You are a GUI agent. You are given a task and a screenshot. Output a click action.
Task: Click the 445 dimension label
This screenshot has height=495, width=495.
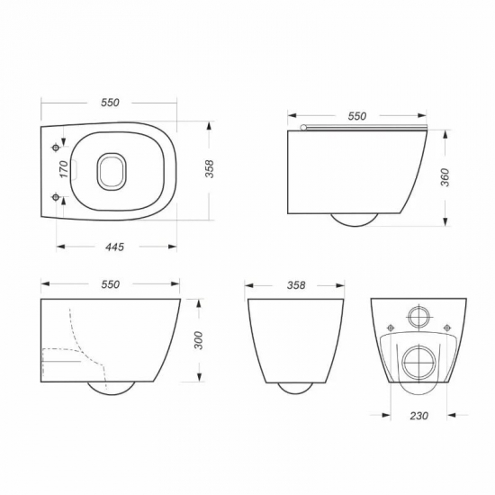[114, 247]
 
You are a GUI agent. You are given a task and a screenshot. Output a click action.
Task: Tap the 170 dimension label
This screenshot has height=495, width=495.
[64, 169]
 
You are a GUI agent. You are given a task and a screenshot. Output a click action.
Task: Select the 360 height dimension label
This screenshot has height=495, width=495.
[445, 177]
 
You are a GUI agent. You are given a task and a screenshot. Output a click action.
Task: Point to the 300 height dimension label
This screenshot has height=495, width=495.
[198, 340]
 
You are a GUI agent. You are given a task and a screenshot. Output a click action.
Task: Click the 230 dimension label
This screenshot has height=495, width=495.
[418, 416]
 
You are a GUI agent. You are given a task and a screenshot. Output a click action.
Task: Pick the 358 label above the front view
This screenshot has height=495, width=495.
[296, 285]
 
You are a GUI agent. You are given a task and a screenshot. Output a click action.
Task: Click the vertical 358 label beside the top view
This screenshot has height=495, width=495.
[210, 169]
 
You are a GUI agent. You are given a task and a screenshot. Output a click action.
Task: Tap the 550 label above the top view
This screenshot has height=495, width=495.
[110, 103]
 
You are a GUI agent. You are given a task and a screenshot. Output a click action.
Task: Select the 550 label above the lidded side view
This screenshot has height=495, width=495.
[357, 116]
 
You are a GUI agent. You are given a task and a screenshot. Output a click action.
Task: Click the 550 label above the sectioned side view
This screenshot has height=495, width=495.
[110, 284]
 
